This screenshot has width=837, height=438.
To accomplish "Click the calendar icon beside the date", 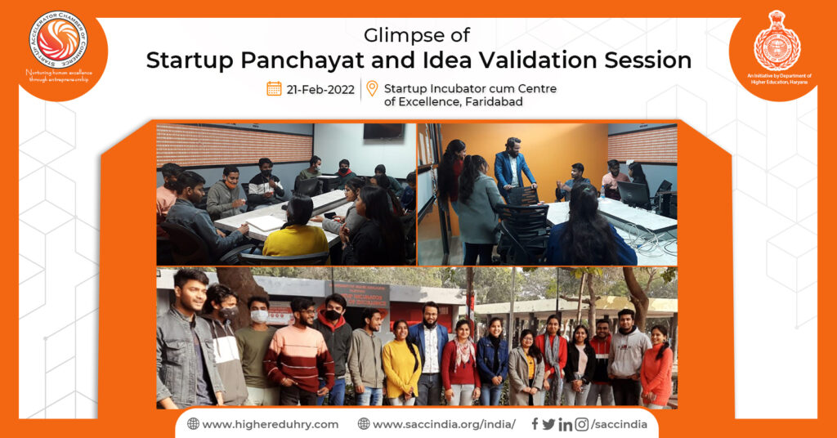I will [274, 88].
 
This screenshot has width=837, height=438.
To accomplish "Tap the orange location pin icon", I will [372, 88].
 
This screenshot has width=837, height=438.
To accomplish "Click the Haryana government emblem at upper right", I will [777, 41].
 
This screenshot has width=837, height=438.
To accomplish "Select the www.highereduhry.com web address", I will [262, 424].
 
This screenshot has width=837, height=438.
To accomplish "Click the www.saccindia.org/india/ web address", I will [436, 424].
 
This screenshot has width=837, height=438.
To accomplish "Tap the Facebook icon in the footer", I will [535, 424].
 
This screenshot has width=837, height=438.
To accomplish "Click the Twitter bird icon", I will [548, 424].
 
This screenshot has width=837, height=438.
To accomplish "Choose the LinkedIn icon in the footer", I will [565, 424].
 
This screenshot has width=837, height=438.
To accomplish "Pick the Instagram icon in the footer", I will [581, 424].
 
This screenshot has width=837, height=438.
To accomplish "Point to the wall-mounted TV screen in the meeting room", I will [383, 132].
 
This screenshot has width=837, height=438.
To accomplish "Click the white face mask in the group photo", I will [260, 315].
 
